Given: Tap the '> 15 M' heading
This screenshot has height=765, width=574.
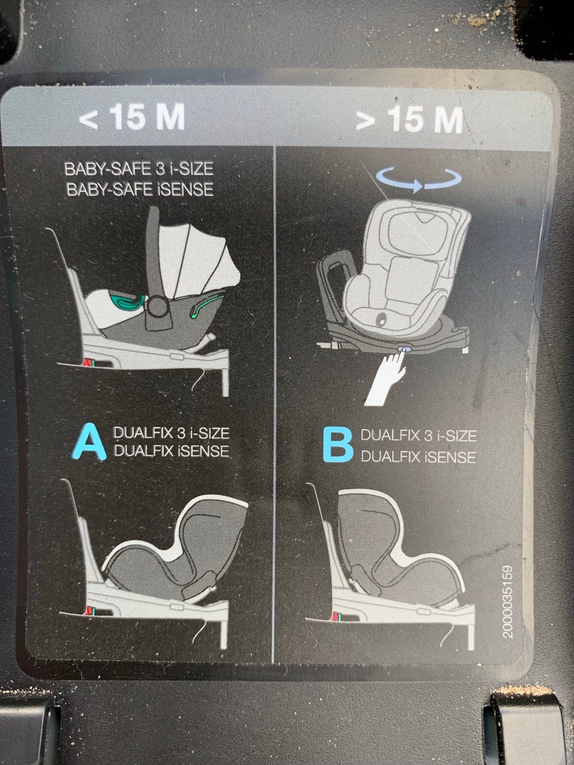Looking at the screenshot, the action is (410, 119).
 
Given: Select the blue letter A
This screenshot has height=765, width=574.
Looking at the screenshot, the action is (89, 442).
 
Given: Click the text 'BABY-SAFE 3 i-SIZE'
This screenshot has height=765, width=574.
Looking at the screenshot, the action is (139, 169).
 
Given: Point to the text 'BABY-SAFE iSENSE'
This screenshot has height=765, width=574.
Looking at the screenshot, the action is (140, 189).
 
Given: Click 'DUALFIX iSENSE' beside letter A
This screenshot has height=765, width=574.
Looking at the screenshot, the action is (172, 451).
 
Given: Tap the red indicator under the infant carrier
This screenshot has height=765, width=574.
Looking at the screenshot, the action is (87, 363).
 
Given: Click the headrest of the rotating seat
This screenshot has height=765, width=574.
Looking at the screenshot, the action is (418, 230).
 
